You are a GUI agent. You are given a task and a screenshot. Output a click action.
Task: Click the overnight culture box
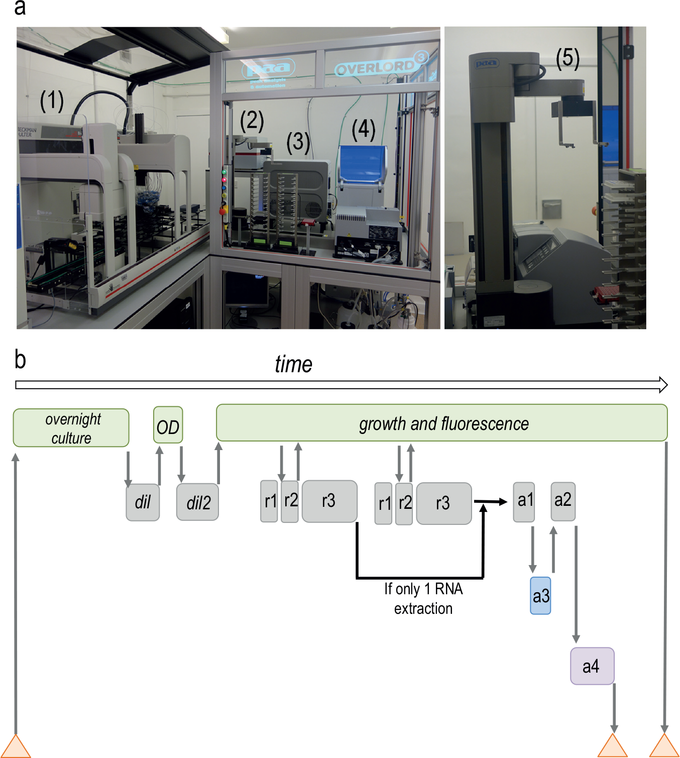71,427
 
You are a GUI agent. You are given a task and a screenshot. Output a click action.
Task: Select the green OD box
168,424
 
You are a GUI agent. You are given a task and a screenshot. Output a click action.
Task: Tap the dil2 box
197,502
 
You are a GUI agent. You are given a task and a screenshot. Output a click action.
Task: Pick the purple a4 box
592,667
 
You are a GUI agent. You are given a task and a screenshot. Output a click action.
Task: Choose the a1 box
524,502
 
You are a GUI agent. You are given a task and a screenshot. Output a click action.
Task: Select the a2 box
563,501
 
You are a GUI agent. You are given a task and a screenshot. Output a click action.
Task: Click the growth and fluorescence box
442,423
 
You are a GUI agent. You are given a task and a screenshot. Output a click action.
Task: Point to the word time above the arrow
294,364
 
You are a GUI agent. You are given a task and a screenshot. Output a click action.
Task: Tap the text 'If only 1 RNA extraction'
423,599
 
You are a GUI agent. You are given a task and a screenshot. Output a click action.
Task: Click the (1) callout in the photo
52,101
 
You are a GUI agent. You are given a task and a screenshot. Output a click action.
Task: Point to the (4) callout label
364,130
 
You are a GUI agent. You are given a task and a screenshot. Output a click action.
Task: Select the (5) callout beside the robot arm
568,59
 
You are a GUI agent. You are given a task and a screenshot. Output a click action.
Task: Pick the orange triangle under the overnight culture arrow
16,746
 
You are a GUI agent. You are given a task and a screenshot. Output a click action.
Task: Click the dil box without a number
143,502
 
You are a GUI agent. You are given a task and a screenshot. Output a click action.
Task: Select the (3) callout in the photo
298,143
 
